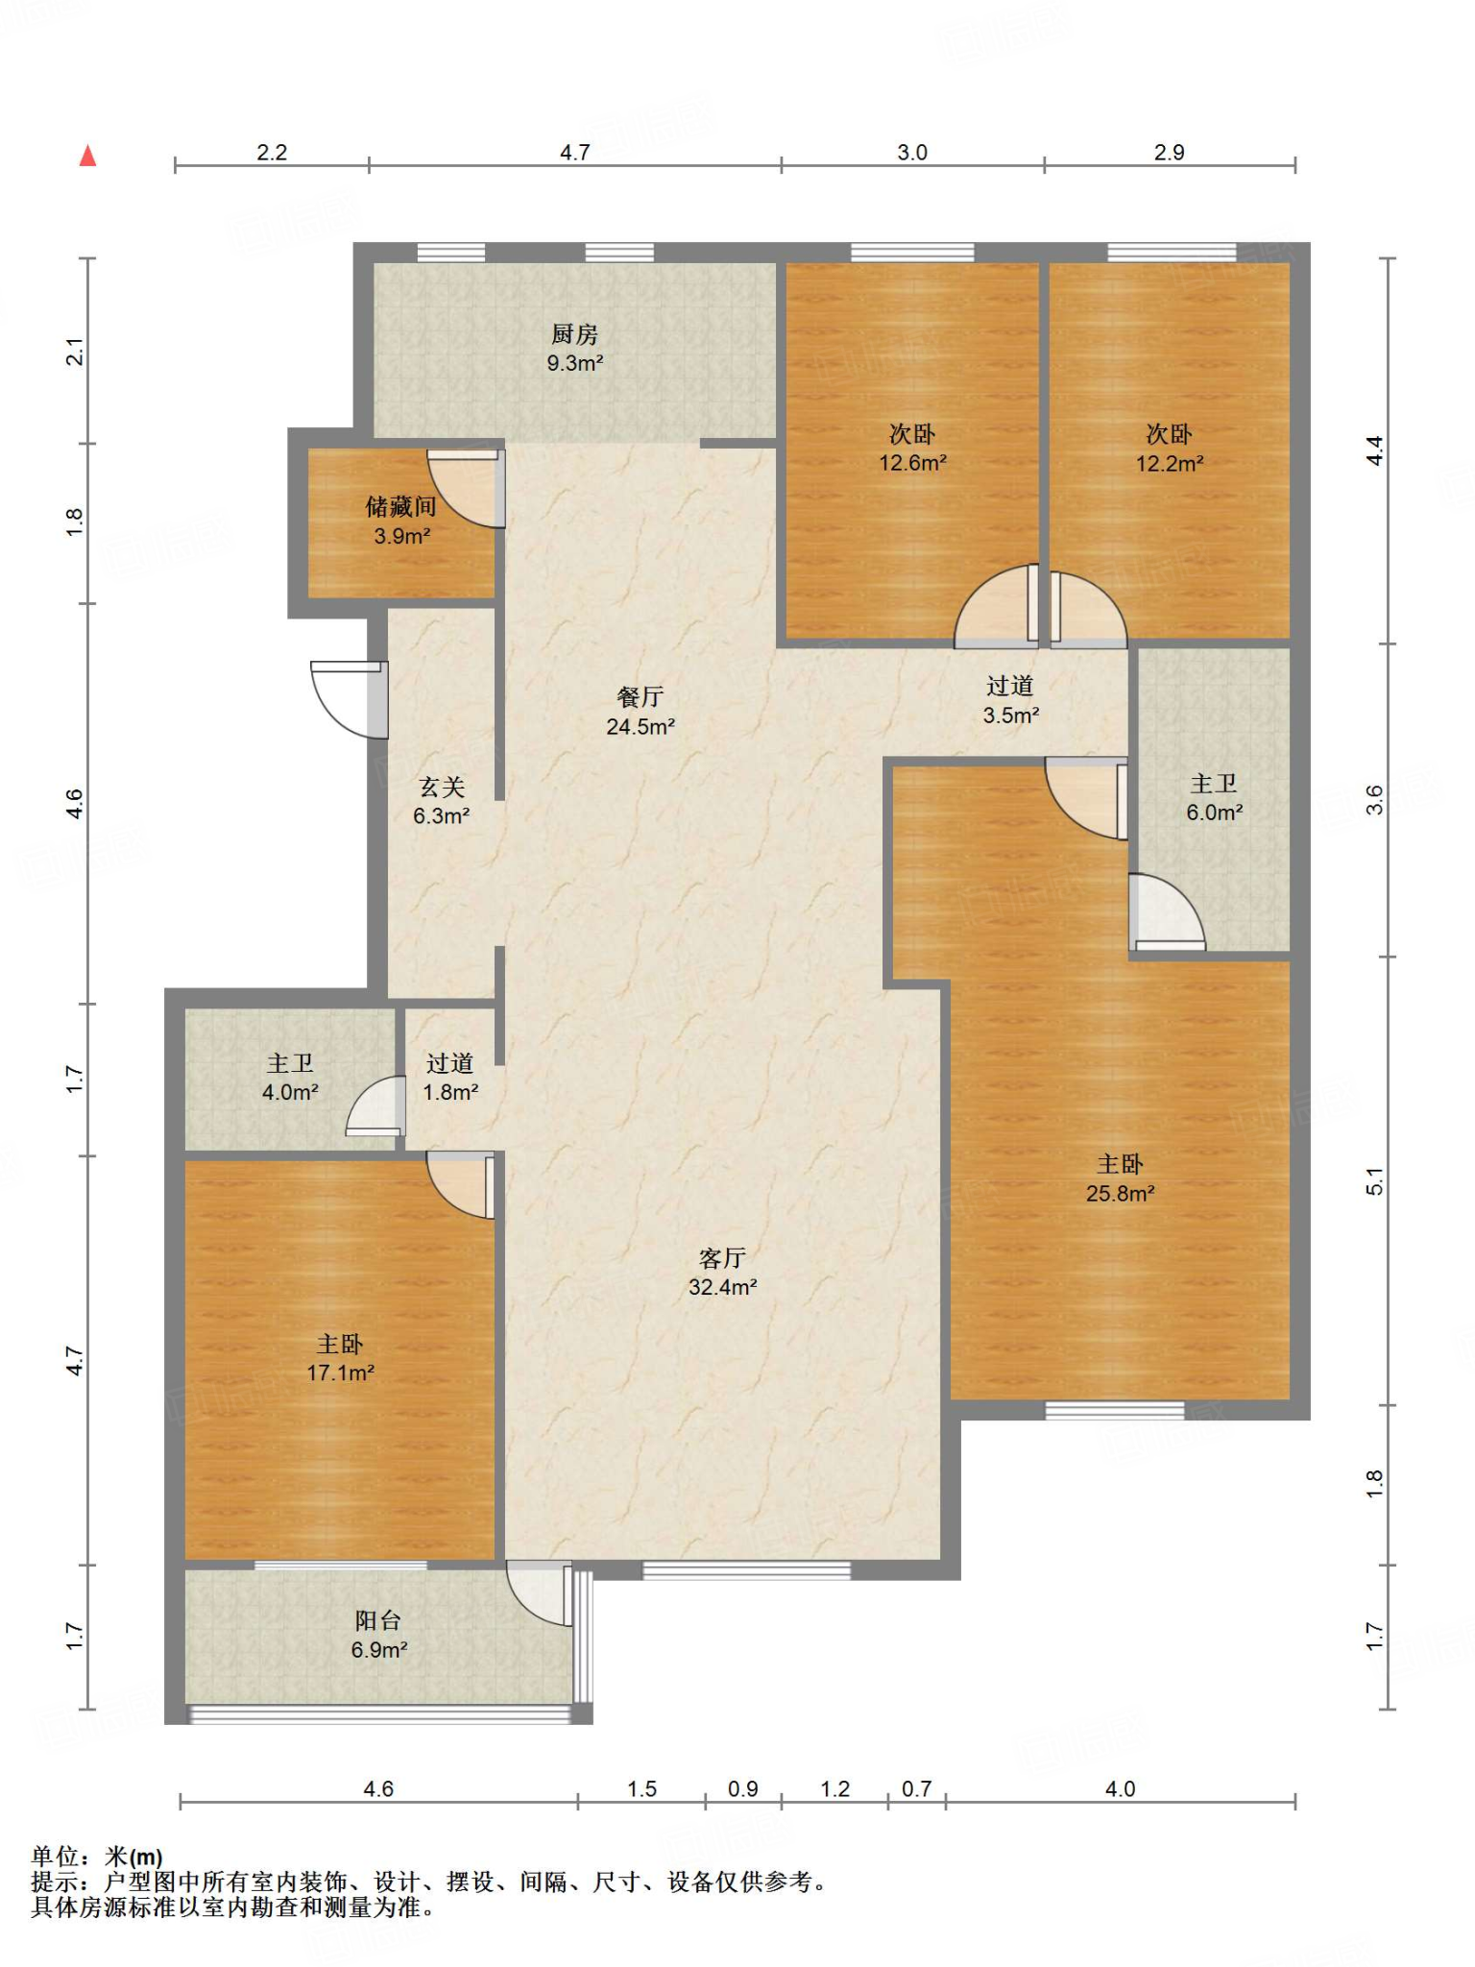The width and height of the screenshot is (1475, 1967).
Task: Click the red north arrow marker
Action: [87, 156]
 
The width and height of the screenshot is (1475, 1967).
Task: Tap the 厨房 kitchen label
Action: [574, 334]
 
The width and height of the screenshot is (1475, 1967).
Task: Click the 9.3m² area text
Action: [575, 363]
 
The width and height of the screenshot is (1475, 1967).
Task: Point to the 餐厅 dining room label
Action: [641, 697]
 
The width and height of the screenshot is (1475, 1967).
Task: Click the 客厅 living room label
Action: [722, 1258]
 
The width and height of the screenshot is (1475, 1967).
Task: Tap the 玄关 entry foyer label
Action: [442, 788]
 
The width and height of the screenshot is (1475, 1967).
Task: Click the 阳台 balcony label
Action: [378, 1621]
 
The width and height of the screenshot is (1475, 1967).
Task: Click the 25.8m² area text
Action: [1120, 1194]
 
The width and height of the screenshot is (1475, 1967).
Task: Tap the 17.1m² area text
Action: [340, 1373]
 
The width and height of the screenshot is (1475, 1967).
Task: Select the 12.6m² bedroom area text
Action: [912, 463]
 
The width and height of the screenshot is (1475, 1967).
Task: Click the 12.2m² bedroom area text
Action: [1170, 464]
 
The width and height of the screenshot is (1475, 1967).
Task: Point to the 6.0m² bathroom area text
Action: [1215, 813]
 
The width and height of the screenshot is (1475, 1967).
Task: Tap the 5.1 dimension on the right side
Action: [1375, 1181]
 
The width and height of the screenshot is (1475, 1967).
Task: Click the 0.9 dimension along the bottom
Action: [742, 1789]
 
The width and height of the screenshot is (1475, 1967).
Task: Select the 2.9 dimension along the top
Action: [1169, 153]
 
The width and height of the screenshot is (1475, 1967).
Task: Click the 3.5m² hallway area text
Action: [1011, 716]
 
